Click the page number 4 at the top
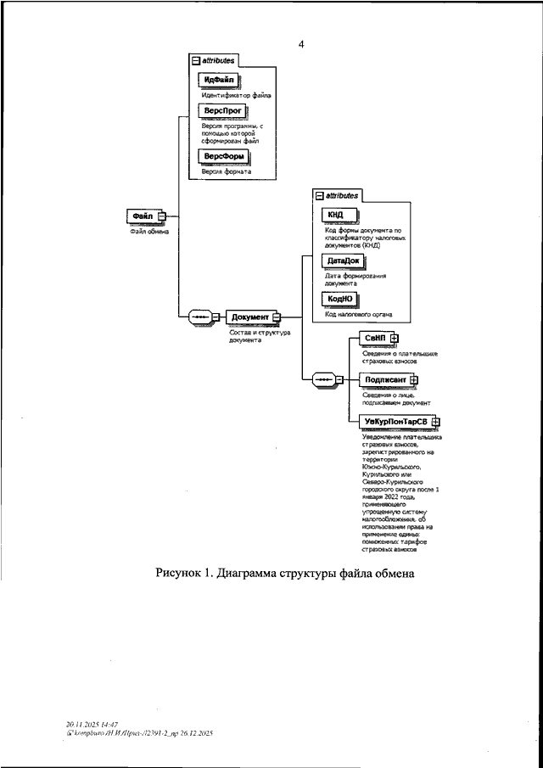[300, 45]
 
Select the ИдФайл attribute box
[219, 80]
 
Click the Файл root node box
[142, 216]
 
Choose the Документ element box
[249, 317]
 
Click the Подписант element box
[384, 379]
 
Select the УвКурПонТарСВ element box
[395, 421]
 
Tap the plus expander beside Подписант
[414, 379]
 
